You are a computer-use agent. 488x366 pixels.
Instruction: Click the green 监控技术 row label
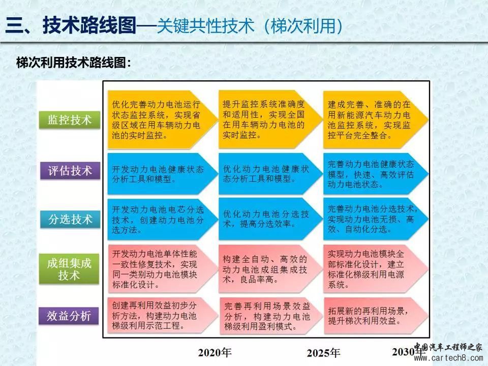point(70,120)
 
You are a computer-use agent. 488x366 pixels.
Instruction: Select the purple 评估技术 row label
point(70,171)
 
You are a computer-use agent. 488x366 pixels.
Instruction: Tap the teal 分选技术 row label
point(70,220)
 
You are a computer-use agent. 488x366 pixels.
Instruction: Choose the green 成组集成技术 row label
point(69,269)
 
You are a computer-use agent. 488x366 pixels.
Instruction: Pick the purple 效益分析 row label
point(69,316)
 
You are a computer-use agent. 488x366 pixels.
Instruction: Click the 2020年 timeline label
point(215,353)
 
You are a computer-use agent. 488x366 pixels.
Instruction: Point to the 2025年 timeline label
point(323,353)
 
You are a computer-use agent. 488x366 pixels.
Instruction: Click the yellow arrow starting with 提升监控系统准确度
point(270,119)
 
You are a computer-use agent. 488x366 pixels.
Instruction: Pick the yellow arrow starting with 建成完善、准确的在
point(376,119)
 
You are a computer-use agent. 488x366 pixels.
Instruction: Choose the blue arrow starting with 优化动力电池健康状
point(270,174)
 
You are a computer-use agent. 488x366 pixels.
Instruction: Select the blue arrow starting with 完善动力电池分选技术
point(376,219)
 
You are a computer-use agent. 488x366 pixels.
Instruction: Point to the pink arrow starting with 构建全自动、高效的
point(270,269)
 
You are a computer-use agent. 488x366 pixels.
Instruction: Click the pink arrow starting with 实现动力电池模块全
point(376,269)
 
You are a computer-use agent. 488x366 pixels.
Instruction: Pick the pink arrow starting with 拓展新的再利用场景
point(376,316)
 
